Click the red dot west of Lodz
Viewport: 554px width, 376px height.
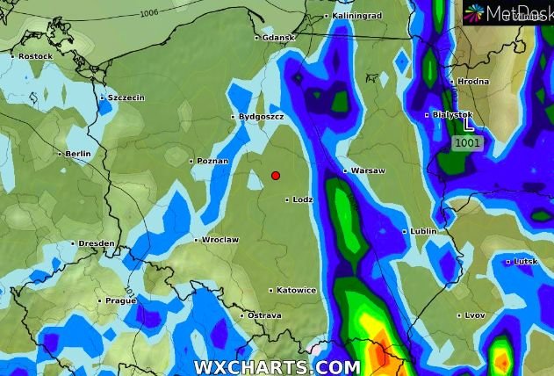pyautogui.click(x=276, y=176)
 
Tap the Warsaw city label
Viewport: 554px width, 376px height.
pyautogui.click(x=368, y=170)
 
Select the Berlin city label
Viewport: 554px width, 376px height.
pyautogui.click(x=77, y=154)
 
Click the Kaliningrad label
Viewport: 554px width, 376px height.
pyautogui.click(x=358, y=16)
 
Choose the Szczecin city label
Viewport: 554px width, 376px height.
pyautogui.click(x=126, y=98)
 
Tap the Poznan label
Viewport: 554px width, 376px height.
pyautogui.click(x=212, y=162)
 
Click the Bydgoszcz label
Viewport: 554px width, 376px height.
pyautogui.click(x=263, y=117)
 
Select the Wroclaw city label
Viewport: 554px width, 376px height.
pyautogui.click(x=219, y=240)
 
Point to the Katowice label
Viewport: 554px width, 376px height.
pyautogui.click(x=296, y=290)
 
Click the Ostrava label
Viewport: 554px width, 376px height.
pyautogui.click(x=263, y=315)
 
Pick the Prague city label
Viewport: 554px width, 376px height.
pyautogui.click(x=120, y=300)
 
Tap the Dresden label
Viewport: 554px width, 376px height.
pyautogui.click(x=96, y=243)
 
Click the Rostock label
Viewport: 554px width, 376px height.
pyautogui.click(x=35, y=56)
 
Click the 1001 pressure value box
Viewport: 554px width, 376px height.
pyautogui.click(x=467, y=142)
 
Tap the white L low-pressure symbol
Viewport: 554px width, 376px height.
pyautogui.click(x=468, y=125)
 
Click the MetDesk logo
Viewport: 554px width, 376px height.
pyautogui.click(x=508, y=12)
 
